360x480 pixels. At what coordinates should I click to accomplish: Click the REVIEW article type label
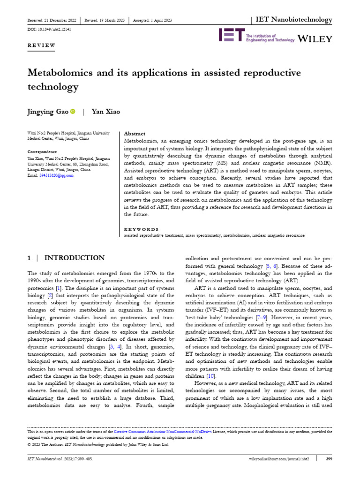pyautogui.click(x=41, y=45)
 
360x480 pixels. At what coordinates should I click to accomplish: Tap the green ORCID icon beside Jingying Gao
pyautogui.click(x=73, y=112)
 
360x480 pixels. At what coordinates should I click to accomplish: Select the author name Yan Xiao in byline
pyautogui.click(x=106, y=112)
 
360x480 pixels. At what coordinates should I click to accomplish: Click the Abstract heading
pyautogui.click(x=135, y=134)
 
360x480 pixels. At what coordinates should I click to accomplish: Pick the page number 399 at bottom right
pyautogui.click(x=329, y=458)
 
